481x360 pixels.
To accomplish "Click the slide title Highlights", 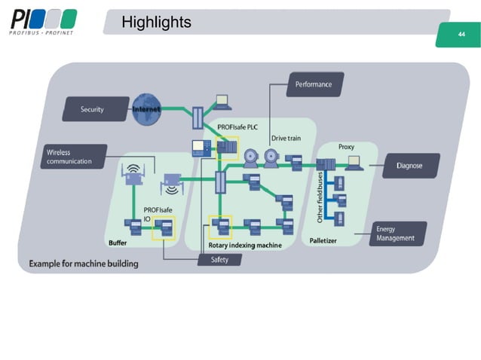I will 156,23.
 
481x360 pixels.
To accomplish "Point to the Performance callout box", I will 314,84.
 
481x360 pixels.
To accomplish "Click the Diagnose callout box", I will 410,166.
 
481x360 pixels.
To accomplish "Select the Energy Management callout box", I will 397,233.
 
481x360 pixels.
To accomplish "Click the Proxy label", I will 347,147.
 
